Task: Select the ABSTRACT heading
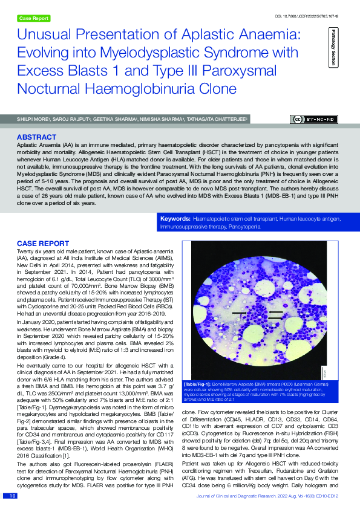[x=38, y=137]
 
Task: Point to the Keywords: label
[x=174, y=217]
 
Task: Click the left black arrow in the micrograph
[x=238, y=313]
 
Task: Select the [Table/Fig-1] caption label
[x=198, y=384]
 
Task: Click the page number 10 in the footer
[x=11, y=496]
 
